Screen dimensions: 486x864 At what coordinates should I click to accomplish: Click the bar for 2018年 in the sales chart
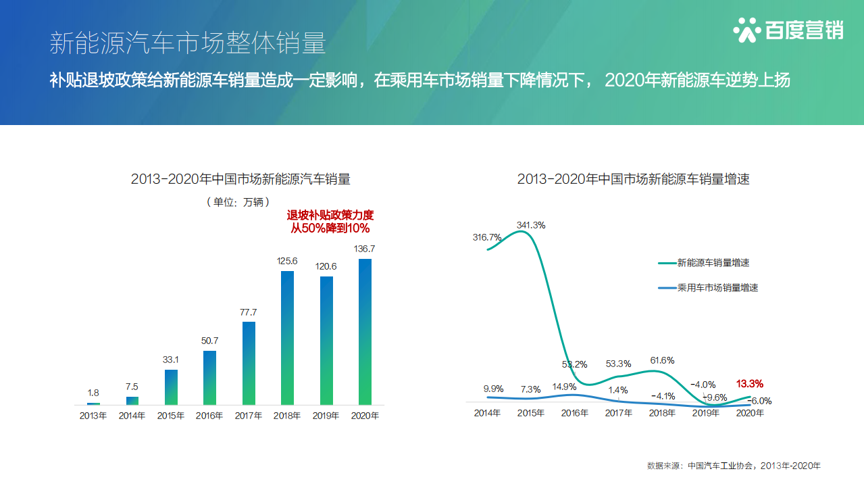point(287,337)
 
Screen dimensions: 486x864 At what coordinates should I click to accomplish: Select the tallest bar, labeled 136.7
point(365,331)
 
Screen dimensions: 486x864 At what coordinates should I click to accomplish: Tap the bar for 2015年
point(171,387)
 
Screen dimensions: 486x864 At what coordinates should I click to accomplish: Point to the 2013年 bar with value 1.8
point(93,403)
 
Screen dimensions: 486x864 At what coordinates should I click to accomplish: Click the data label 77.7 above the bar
point(248,312)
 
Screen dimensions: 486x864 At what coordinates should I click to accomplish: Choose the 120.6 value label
point(326,266)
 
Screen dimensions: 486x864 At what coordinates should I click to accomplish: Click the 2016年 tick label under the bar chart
point(209,416)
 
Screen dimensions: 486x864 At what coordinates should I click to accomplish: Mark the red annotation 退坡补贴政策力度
point(330,215)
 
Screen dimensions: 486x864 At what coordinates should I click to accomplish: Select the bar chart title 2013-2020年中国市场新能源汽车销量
point(240,179)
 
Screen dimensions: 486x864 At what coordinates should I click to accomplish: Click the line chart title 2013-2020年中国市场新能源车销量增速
point(633,179)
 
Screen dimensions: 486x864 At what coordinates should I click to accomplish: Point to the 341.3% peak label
point(530,224)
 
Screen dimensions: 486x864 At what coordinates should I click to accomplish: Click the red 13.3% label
point(750,383)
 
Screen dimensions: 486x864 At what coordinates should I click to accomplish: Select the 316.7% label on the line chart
point(487,237)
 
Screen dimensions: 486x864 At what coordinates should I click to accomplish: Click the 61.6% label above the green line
point(661,360)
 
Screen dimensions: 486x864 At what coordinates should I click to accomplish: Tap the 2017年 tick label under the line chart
point(618,413)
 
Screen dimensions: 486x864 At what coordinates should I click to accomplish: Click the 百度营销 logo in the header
point(788,30)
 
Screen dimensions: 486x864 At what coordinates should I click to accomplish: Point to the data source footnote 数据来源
point(733,466)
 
